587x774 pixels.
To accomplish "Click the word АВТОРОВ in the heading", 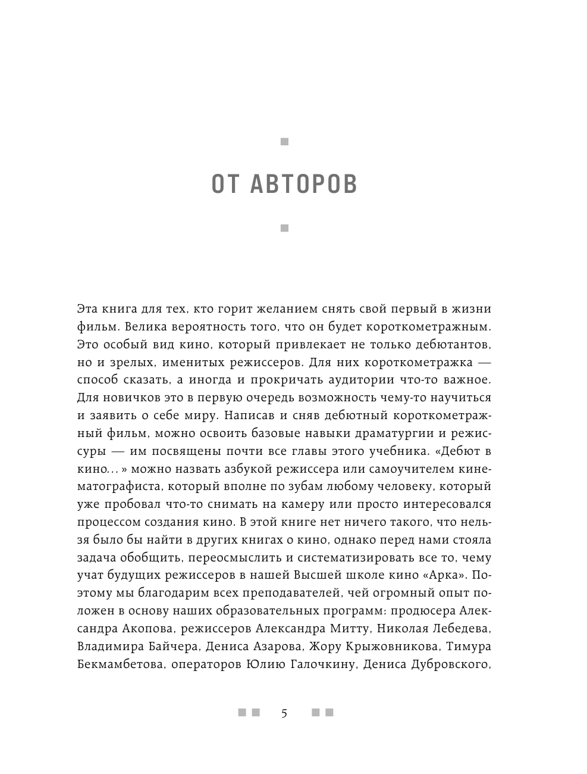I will [304, 185].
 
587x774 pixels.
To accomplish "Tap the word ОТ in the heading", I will [225, 185].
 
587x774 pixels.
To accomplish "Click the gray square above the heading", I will [284, 142].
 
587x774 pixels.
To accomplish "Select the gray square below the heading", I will [284, 228].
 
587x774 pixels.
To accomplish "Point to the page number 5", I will [284, 713].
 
